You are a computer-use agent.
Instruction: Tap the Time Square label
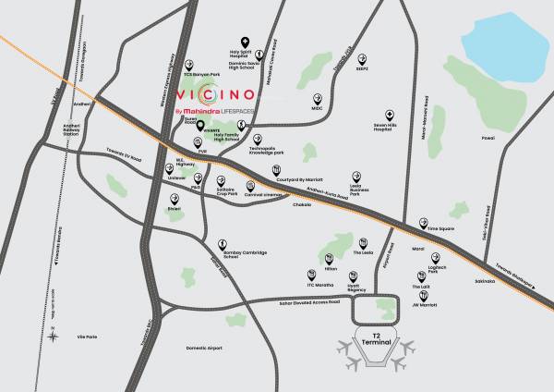[x=440, y=227]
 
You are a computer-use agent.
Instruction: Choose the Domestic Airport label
[x=203, y=348]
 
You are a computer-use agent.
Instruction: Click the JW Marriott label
[x=423, y=302]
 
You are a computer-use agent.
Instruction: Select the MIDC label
[x=317, y=108]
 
